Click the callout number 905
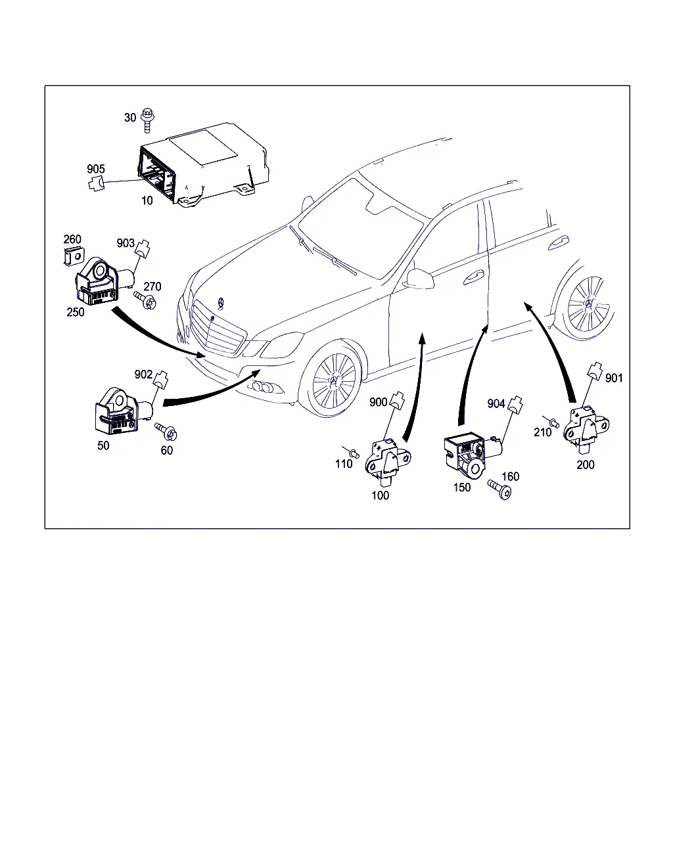(x=96, y=169)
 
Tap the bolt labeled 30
(x=148, y=120)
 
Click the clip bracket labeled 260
(x=74, y=256)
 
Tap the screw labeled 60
(x=166, y=431)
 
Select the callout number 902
(x=143, y=375)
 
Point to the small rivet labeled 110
(x=352, y=452)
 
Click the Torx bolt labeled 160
(x=500, y=489)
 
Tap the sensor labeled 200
(x=586, y=430)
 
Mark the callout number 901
(x=614, y=378)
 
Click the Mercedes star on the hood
(x=221, y=304)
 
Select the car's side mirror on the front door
(x=419, y=279)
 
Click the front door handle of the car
(x=473, y=277)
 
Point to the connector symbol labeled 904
(x=515, y=405)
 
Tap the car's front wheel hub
(x=335, y=381)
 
